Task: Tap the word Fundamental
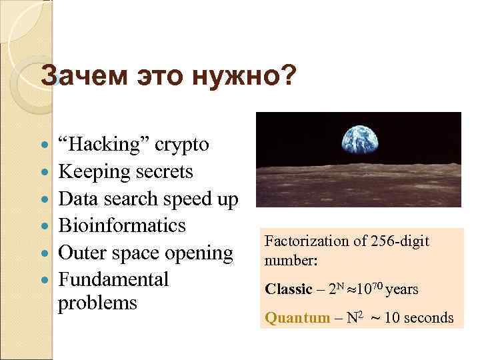click(x=113, y=279)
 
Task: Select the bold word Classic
click(x=288, y=289)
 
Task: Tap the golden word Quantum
click(x=297, y=318)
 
